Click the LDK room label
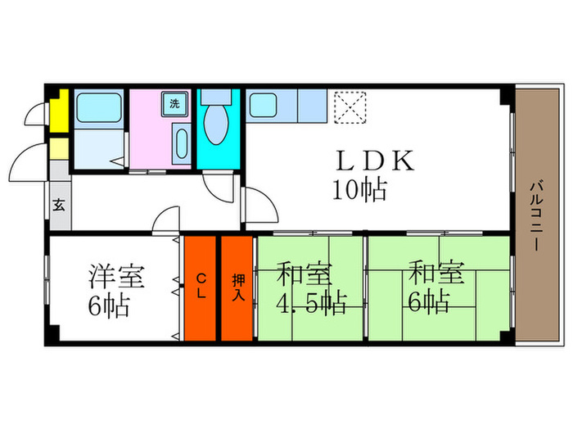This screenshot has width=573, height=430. (x=375, y=161)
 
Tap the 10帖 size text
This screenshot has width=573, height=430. (x=359, y=190)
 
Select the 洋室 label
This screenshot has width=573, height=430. (x=117, y=276)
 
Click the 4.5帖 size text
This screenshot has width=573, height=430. (x=311, y=303)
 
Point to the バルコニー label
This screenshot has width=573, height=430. (x=537, y=216)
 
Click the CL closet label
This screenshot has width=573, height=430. (x=201, y=287)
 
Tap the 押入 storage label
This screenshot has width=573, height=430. (x=238, y=287)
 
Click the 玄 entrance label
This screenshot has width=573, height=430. (x=59, y=205)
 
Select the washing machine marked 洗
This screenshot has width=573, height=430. (x=174, y=104)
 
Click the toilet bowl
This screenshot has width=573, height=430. (x=216, y=123)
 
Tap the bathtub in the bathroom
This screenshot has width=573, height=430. (x=99, y=108)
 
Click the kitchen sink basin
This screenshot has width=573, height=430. (x=263, y=106)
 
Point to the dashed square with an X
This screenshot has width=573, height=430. (x=350, y=108)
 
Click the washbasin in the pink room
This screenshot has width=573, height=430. (x=182, y=143)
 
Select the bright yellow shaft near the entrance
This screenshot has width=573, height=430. (x=60, y=111)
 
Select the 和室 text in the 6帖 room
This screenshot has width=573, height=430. (x=436, y=273)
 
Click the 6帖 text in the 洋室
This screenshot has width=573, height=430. (x=109, y=306)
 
